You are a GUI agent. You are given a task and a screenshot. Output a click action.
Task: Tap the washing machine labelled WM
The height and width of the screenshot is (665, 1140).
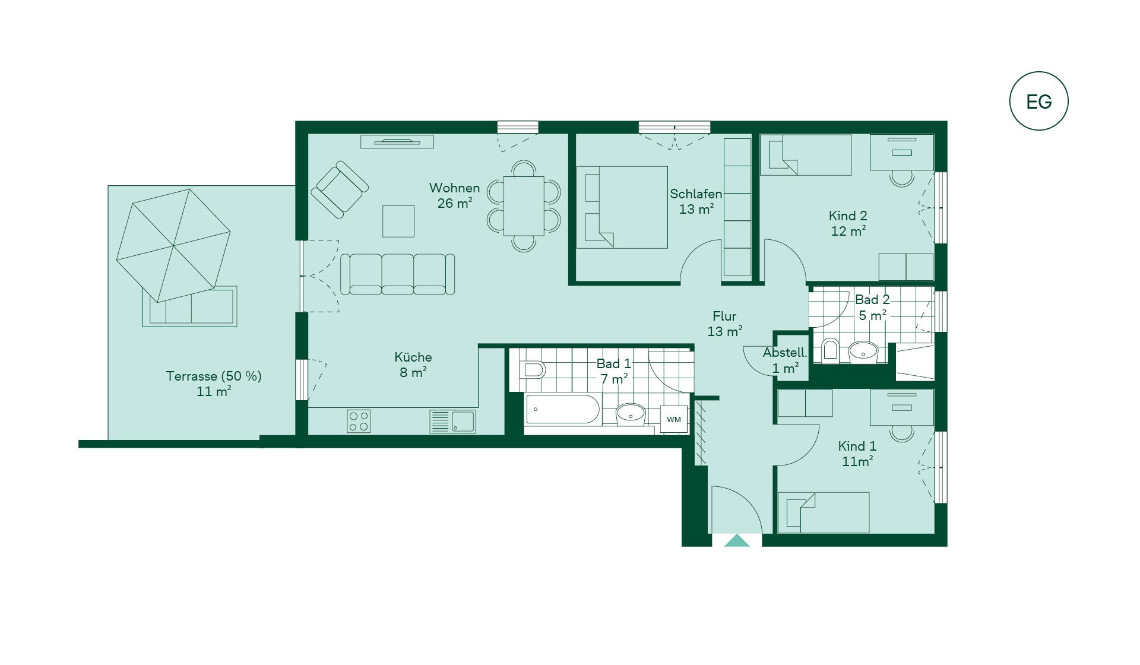pos(674,419)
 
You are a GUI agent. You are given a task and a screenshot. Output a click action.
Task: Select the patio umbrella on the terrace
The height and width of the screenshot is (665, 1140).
pos(173,245)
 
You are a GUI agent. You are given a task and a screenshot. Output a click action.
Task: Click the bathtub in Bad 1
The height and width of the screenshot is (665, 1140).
pos(563,409)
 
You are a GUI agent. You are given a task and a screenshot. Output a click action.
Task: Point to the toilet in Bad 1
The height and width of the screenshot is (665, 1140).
pos(533,370)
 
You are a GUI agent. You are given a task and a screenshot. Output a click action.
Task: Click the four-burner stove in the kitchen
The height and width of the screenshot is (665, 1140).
pos(359,421)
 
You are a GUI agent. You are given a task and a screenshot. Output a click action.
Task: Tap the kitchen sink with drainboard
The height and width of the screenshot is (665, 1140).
pos(452,421)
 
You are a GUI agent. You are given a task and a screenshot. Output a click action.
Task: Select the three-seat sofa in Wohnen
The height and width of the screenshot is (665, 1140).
pos(398,274)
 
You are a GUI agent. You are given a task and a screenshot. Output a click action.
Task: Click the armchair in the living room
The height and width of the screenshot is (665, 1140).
pos(340,189)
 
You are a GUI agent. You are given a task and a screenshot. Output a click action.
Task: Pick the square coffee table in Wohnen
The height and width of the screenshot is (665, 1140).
pos(398,221)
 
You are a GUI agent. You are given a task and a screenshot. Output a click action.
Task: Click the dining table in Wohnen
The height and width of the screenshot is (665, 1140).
pos(524,206)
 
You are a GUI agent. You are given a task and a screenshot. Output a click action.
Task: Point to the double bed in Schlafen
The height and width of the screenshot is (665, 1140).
pos(622,207)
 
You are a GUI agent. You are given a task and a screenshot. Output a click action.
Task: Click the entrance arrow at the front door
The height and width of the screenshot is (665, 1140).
pos(737,540)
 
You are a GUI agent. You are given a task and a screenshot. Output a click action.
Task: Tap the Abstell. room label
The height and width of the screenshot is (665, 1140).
pos(785,353)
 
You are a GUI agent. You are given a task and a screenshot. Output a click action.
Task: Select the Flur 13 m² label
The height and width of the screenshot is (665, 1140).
pos(725,324)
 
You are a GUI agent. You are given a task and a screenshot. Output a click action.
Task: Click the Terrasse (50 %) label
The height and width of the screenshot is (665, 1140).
pos(214,376)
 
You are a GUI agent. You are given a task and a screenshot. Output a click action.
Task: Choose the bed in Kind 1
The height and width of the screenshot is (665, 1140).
pos(824,512)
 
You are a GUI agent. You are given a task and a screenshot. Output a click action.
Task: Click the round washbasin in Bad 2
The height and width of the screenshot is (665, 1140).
pos(863,351)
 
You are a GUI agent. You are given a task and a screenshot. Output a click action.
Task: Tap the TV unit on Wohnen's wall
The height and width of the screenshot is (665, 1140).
pos(397,141)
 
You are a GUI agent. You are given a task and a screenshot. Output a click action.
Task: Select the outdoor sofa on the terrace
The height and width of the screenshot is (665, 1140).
pos(189,306)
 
